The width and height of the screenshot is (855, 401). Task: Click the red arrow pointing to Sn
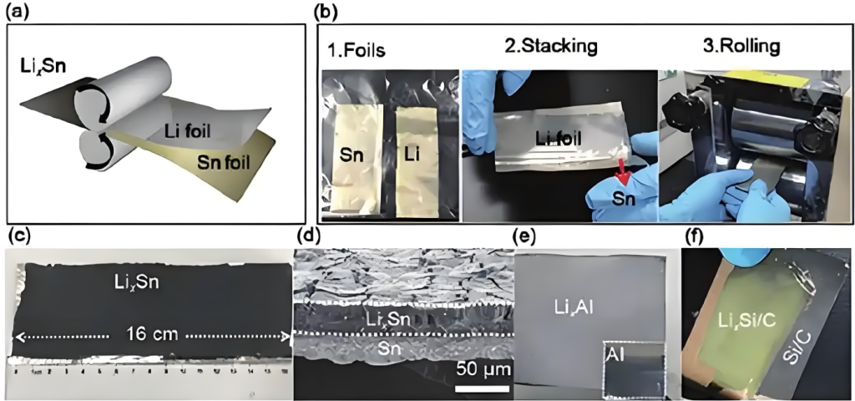[x=621, y=172]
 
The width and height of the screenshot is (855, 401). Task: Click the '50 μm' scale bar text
[x=483, y=368]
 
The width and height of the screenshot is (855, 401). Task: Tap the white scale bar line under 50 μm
[x=483, y=388]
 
